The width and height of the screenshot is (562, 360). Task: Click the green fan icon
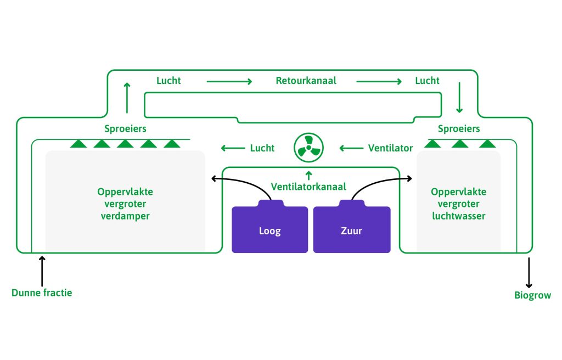pyautogui.click(x=308, y=148)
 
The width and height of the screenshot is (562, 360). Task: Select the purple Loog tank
pyautogui.click(x=269, y=227)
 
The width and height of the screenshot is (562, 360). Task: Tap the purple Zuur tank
pyautogui.click(x=352, y=227)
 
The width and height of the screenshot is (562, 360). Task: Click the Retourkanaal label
pyautogui.click(x=306, y=81)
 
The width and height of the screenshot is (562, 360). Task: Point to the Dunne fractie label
pyautogui.click(x=42, y=292)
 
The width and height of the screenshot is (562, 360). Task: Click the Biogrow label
pyautogui.click(x=532, y=295)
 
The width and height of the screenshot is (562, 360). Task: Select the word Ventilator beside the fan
pyautogui.click(x=390, y=148)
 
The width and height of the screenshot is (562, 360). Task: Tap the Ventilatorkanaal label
pyautogui.click(x=308, y=187)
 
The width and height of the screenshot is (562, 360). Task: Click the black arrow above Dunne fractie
pyautogui.click(x=42, y=272)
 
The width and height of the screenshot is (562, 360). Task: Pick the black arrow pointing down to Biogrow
pyautogui.click(x=529, y=273)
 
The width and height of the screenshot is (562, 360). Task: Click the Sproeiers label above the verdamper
pyautogui.click(x=125, y=129)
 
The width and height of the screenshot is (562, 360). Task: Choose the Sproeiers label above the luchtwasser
pyautogui.click(x=459, y=129)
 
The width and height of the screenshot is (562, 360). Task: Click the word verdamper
pyautogui.click(x=125, y=216)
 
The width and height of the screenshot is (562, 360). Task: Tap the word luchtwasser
pyautogui.click(x=459, y=216)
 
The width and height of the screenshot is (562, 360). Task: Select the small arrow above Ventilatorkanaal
pyautogui.click(x=308, y=176)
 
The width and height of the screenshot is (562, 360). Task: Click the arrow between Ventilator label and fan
pyautogui.click(x=351, y=148)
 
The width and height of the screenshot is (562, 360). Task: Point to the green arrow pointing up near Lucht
pyautogui.click(x=127, y=98)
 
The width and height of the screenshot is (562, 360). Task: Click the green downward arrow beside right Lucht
pyautogui.click(x=459, y=98)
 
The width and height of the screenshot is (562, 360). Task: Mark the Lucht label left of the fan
pyautogui.click(x=262, y=148)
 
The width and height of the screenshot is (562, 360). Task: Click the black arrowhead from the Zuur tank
pyautogui.click(x=409, y=178)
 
